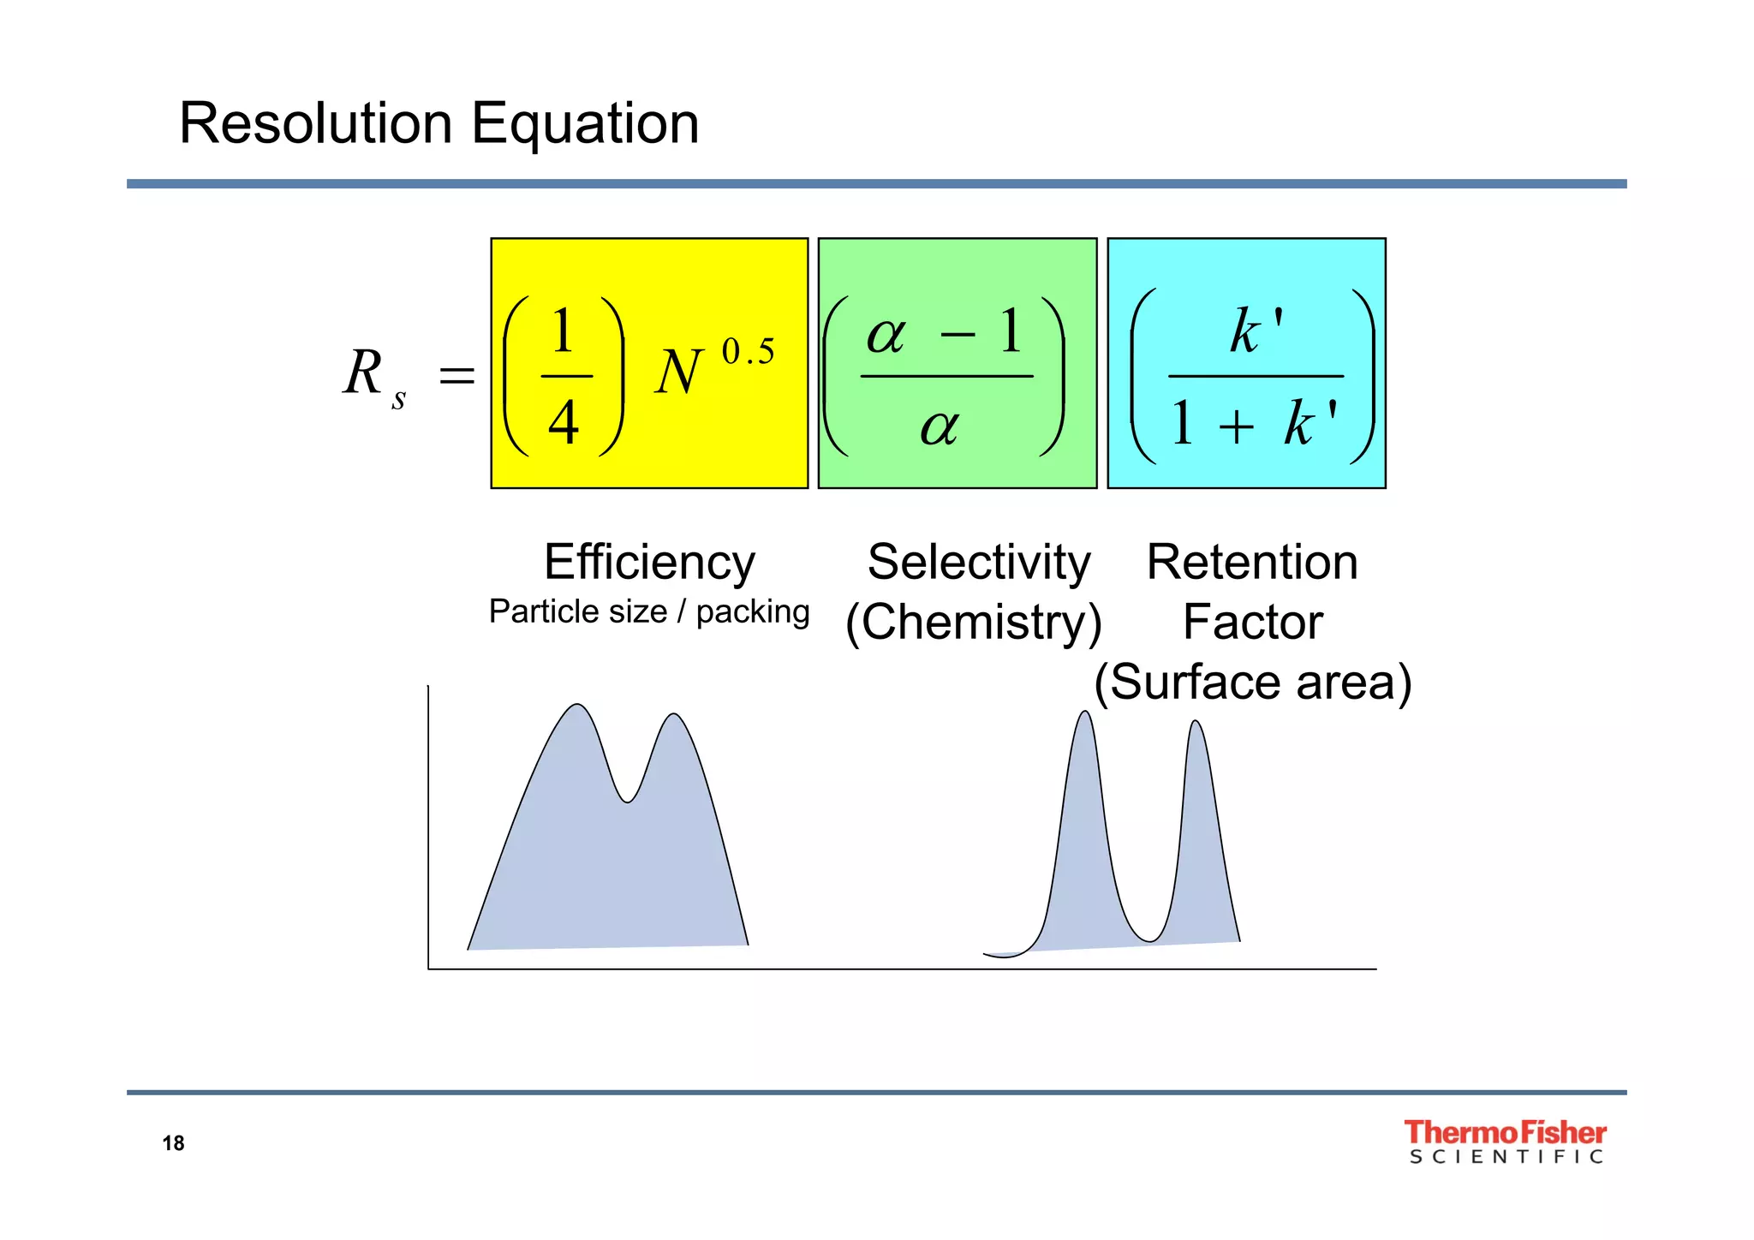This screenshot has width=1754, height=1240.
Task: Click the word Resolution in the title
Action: (x=315, y=123)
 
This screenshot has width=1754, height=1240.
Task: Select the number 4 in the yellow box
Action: (x=564, y=423)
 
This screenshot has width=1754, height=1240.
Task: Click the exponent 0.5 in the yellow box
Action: (x=748, y=352)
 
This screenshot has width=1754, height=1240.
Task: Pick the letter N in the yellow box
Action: (x=678, y=374)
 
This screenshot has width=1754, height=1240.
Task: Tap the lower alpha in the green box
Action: (x=940, y=426)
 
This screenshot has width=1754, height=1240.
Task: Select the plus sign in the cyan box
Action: (x=1236, y=425)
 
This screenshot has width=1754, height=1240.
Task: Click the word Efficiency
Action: (x=649, y=563)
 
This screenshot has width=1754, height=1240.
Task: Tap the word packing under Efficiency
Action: (x=752, y=611)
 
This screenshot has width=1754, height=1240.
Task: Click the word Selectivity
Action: (x=979, y=563)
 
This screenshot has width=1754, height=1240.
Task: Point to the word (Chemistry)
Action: (x=973, y=623)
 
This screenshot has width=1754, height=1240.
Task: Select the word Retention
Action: (x=1252, y=563)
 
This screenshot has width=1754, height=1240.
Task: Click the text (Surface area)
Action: (x=1252, y=683)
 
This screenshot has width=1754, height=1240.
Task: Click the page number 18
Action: (x=173, y=1143)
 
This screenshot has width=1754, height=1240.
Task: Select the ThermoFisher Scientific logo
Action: (x=1505, y=1142)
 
